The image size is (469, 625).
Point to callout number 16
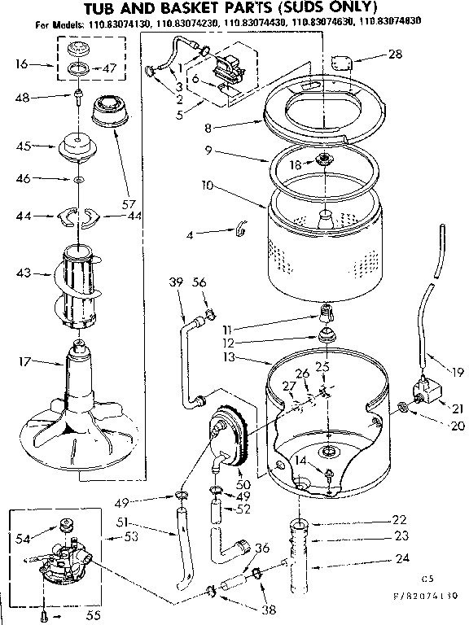22,63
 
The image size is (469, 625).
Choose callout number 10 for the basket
208,186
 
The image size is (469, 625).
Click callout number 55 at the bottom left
93,615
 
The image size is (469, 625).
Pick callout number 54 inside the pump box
24,538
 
